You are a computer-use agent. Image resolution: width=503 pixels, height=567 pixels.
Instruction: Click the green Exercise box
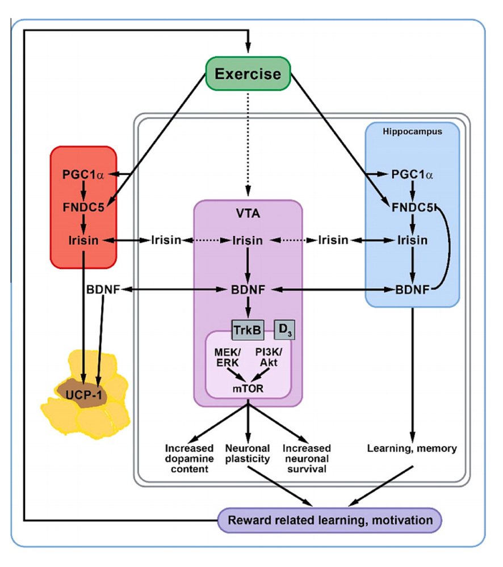(x=248, y=74)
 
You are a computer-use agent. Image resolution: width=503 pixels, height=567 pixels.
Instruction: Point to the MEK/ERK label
(x=225, y=357)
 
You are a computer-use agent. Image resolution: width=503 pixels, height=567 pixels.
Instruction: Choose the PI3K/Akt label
(x=270, y=357)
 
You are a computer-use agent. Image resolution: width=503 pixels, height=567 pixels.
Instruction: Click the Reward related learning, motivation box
(x=330, y=520)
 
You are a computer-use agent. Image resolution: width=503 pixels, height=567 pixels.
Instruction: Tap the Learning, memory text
(x=412, y=448)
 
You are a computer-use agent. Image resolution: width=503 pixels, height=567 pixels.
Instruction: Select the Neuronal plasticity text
(x=248, y=453)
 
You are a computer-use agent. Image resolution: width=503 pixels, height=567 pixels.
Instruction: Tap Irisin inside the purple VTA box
(x=248, y=240)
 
